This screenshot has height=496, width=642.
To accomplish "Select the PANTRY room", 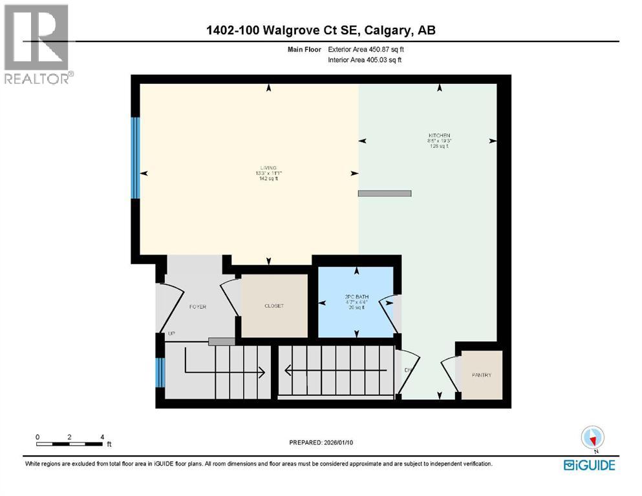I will coord(482,375).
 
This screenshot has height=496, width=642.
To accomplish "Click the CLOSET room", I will coord(274,305).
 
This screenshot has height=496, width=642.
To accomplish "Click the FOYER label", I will coord(197,307).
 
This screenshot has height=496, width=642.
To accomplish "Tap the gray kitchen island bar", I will coord(385,193).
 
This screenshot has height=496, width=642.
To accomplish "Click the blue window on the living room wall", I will coord(136,158).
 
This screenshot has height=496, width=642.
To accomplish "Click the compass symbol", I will coord(592,438).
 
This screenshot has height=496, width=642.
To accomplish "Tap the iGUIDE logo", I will coord(589,465).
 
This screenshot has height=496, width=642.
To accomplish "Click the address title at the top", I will coord(321,30).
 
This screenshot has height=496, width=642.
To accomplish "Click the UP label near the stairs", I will coord(171,334).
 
